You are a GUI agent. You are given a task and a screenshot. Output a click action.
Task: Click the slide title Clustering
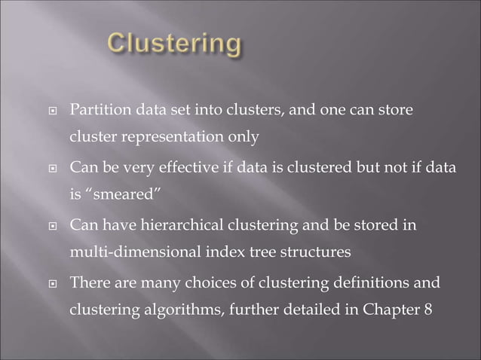174,43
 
